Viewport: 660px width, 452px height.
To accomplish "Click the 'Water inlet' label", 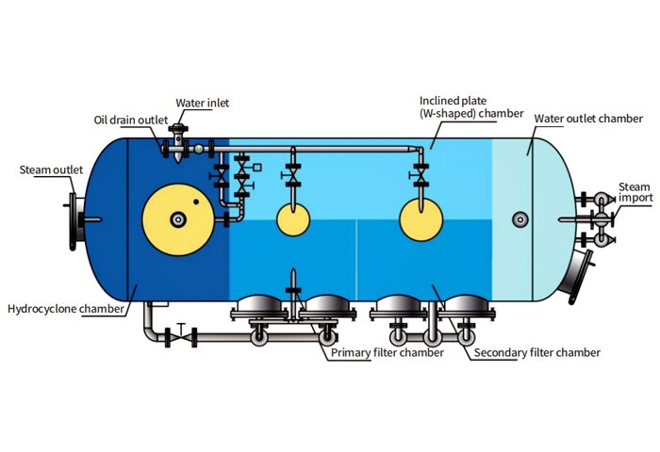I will pos(202,103).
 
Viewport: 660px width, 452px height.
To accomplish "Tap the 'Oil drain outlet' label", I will pos(130,120).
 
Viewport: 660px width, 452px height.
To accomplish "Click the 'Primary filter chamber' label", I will pos(387,353).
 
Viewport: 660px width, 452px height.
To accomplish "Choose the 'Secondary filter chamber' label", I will pos(536,353).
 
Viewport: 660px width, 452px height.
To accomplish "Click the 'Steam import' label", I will pos(634,192).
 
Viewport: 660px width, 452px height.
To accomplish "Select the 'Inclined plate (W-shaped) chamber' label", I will pos(471,105).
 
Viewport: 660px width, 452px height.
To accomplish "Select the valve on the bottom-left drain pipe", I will pos(179,332).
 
